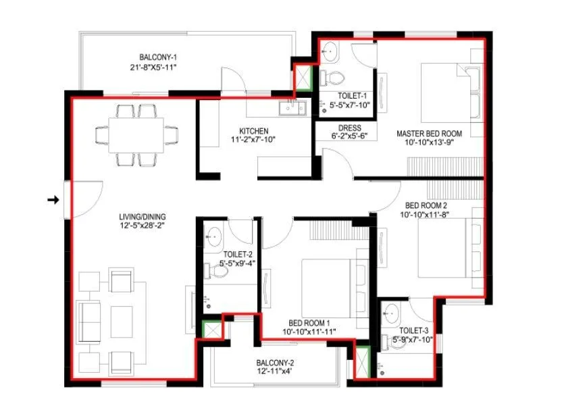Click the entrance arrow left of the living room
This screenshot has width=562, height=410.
click(x=53, y=199)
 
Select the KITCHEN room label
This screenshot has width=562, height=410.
click(x=253, y=130)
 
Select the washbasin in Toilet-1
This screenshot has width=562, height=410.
click(x=331, y=50)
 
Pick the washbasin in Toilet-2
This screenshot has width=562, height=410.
click(x=213, y=236)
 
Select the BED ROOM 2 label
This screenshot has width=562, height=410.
click(x=426, y=205)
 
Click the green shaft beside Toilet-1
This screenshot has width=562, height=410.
click(x=301, y=77)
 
